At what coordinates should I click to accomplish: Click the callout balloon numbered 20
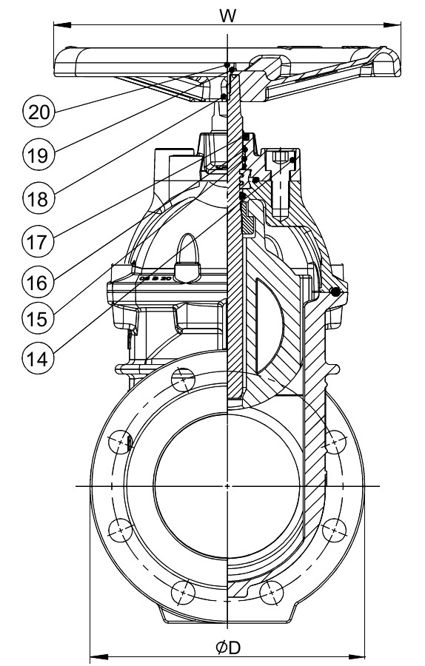pos(39,112)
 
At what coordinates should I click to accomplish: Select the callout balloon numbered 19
pos(39,155)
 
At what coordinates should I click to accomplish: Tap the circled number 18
pos(39,198)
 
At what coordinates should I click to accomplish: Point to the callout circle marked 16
pos(39,282)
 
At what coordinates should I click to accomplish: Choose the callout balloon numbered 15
pos(39,318)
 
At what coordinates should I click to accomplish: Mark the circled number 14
pos(39,359)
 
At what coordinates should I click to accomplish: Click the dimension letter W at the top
pos(227,16)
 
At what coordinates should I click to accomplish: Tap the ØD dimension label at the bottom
pos(228,648)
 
